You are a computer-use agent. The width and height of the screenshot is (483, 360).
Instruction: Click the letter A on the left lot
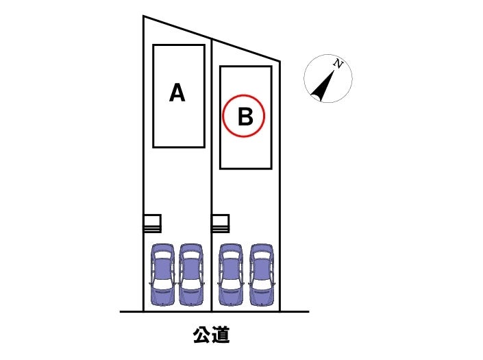[177, 93]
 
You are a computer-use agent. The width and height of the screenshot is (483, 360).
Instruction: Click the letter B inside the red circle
[245, 117]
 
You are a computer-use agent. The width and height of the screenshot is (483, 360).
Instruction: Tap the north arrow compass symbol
[327, 79]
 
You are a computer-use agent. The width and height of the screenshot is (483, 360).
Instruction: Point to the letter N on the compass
[338, 64]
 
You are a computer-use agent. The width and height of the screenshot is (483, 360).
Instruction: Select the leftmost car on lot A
[162, 274]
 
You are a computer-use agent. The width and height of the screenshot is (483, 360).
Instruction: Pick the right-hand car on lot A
[191, 274]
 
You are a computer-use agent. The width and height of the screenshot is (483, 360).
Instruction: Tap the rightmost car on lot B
[261, 274]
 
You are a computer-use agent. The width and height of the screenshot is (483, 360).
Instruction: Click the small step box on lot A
[152, 224]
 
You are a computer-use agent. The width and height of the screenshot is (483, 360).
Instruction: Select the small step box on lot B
[220, 224]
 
